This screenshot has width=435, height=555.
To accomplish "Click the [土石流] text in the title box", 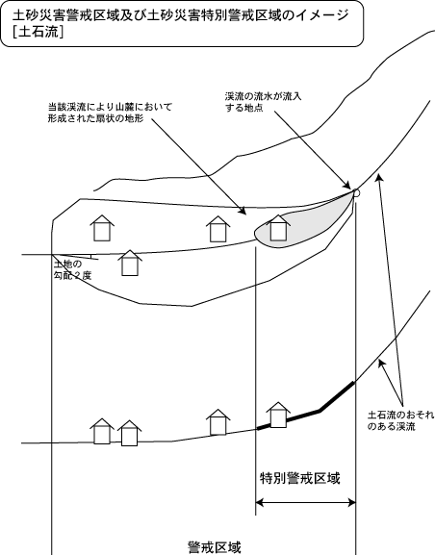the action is pyautogui.click(x=38, y=33).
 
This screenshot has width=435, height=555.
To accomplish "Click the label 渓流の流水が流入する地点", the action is pyautogui.click(x=263, y=102).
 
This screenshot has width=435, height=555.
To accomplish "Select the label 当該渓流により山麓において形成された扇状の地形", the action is pyautogui.click(x=110, y=113).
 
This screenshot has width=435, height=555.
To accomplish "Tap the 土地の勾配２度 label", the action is pyautogui.click(x=72, y=269).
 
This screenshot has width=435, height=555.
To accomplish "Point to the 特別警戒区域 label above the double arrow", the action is pyautogui.click(x=300, y=478).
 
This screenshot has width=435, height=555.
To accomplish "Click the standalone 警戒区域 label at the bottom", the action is pyautogui.click(x=215, y=547).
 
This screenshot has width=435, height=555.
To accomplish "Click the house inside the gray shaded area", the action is pyautogui.click(x=278, y=228).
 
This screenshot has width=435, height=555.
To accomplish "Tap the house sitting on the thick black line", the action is pyautogui.click(x=278, y=415).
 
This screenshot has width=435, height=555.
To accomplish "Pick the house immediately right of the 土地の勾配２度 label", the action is pyautogui.click(x=130, y=263).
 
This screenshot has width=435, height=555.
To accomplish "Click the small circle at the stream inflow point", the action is pyautogui.click(x=356, y=192).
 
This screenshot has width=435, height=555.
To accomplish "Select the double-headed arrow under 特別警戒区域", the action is pyautogui.click(x=305, y=502).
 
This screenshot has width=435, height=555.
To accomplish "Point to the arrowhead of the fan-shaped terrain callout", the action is pyautogui.click(x=242, y=211).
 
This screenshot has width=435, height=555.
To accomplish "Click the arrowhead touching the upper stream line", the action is pyautogui.click(x=379, y=177).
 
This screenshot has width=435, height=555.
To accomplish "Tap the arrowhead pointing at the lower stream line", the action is pyautogui.click(x=381, y=364).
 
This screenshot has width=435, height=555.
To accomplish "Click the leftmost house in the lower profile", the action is pyautogui.click(x=102, y=431).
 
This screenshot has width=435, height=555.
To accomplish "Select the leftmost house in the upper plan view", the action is pyautogui.click(x=102, y=228).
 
